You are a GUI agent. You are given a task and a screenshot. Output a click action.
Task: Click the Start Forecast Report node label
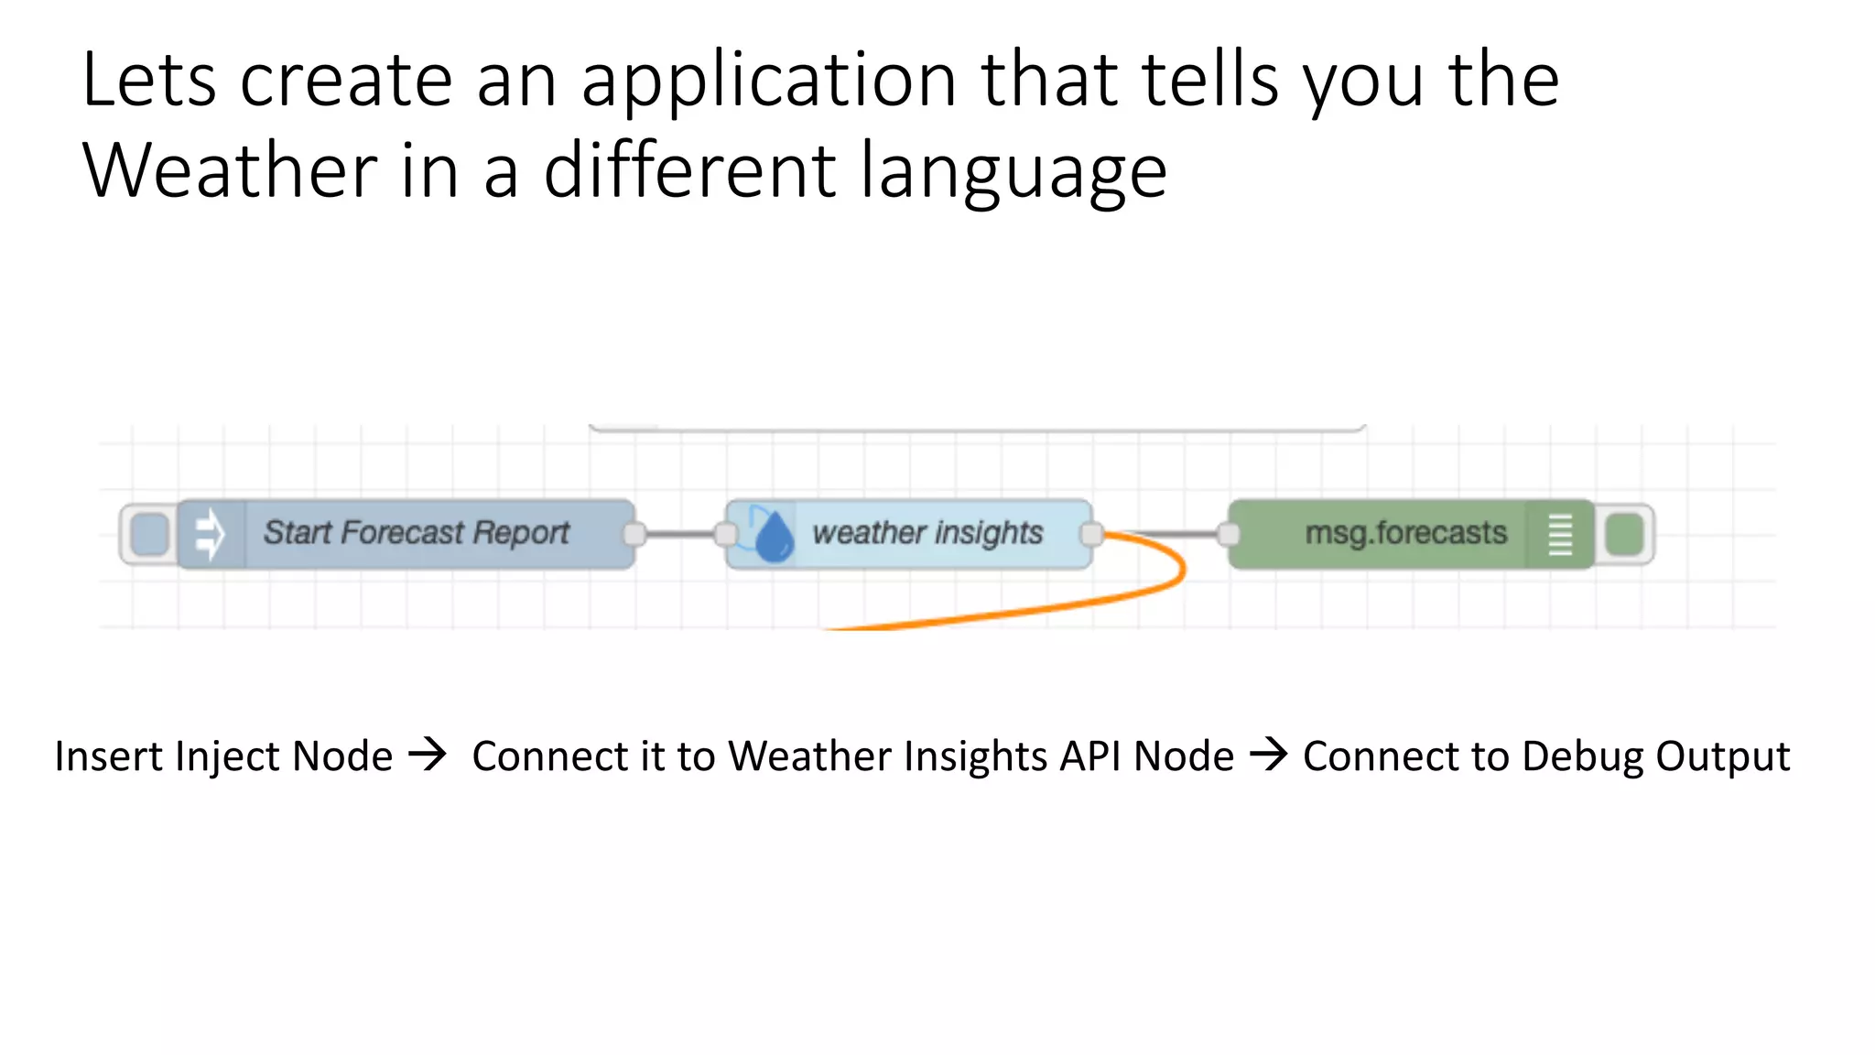pyautogui.click(x=417, y=533)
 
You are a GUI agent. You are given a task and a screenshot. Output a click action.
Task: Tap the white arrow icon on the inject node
pyautogui.click(x=211, y=534)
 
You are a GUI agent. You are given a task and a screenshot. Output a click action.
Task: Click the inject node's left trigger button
pyautogui.click(x=149, y=535)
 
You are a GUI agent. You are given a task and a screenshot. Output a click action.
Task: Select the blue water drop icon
pyautogui.click(x=774, y=536)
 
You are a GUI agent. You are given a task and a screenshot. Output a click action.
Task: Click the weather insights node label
pyautogui.click(x=927, y=533)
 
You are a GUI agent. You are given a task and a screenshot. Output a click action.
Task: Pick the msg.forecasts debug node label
pyautogui.click(x=1405, y=533)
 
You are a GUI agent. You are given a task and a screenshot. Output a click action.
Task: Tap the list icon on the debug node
pyautogui.click(x=1560, y=535)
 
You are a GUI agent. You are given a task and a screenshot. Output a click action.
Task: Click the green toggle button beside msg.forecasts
pyautogui.click(x=1625, y=535)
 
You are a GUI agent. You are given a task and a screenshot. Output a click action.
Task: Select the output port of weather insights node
pyautogui.click(x=1091, y=534)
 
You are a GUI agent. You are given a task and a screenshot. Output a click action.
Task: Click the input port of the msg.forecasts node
pyautogui.click(x=1229, y=534)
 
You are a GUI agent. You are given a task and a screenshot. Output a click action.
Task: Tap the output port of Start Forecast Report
pyautogui.click(x=634, y=534)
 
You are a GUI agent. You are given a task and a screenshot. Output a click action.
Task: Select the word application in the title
pyautogui.click(x=768, y=81)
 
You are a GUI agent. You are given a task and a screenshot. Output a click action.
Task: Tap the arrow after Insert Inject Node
pyautogui.click(x=428, y=756)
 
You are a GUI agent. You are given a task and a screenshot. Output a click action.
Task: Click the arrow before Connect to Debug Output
pyautogui.click(x=1269, y=756)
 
